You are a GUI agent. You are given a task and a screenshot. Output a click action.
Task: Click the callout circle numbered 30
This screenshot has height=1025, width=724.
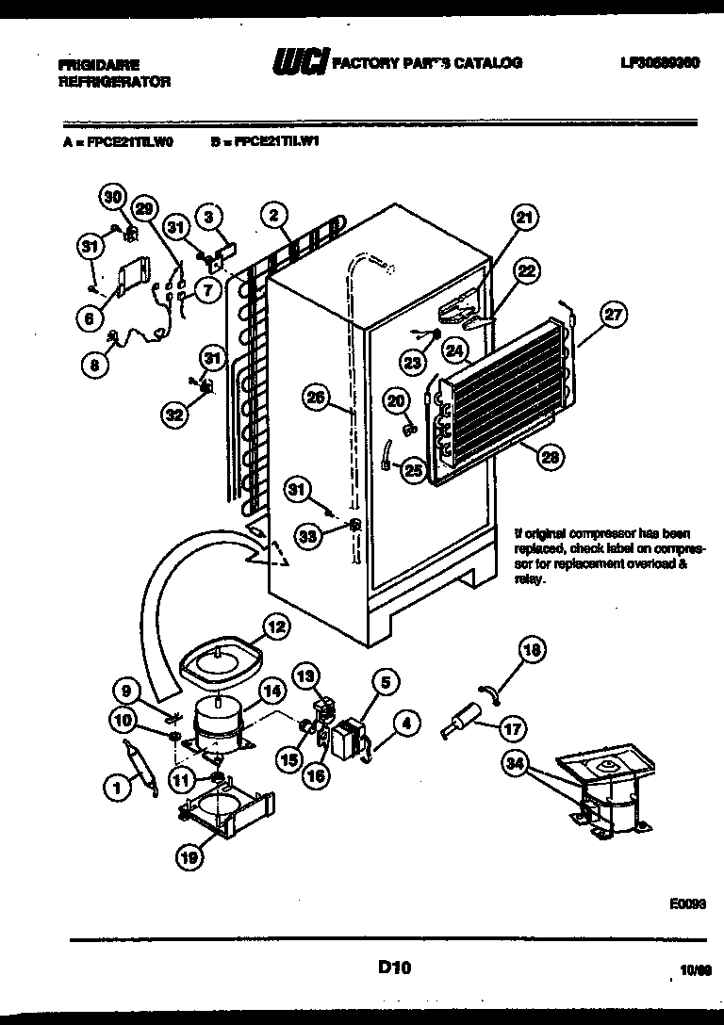113,197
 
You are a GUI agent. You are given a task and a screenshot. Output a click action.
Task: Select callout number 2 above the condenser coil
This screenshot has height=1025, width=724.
273,215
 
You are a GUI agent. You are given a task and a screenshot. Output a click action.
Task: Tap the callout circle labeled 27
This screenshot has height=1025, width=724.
614,317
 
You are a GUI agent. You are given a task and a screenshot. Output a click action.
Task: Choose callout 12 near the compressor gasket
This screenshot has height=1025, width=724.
275,625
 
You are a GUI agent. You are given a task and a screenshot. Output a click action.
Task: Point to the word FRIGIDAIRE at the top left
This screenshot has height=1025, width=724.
98,65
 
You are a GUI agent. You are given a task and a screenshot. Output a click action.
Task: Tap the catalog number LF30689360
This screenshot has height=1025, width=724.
659,63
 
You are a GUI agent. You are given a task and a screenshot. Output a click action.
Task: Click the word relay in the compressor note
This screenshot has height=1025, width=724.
526,581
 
